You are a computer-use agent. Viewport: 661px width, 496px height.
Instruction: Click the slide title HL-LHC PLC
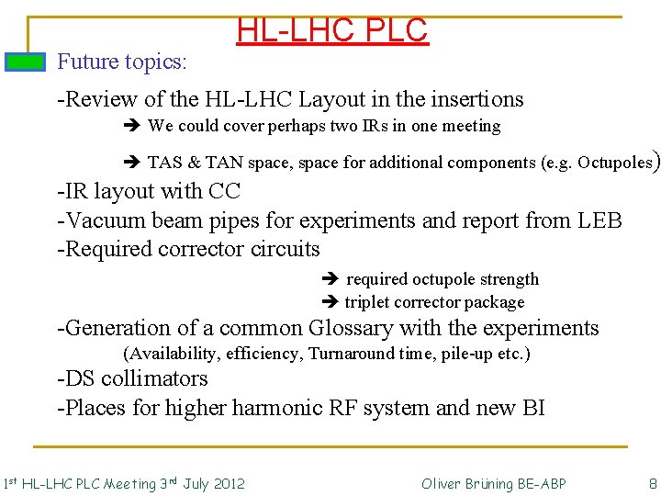pos(331,30)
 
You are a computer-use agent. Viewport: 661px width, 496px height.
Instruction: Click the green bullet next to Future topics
pos(25,62)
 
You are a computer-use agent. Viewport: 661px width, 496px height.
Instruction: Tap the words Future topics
pos(122,62)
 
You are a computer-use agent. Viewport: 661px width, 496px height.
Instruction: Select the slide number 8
pos(652,483)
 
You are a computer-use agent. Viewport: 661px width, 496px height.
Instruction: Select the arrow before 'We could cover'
pos(129,126)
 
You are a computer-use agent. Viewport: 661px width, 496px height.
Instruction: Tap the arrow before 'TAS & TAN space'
pos(129,163)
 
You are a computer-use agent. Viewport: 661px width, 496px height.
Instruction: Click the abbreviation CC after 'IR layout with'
pos(225,191)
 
